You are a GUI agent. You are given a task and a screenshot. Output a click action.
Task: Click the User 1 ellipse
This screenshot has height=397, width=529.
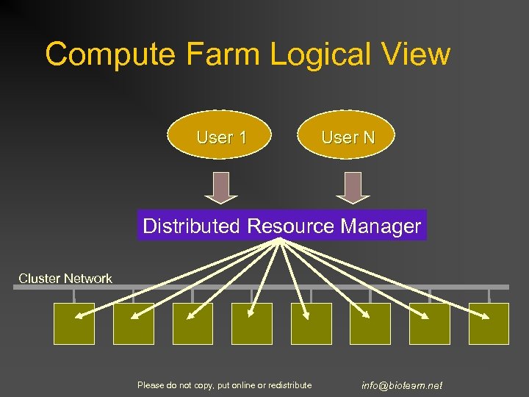(220, 137)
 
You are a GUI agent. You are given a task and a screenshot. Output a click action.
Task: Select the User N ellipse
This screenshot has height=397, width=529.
(348, 137)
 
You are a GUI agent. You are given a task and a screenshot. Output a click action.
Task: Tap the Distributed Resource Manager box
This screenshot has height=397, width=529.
(281, 226)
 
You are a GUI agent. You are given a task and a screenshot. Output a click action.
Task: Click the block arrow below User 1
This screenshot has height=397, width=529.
(220, 187)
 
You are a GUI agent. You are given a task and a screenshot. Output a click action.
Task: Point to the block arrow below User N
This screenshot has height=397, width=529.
(353, 187)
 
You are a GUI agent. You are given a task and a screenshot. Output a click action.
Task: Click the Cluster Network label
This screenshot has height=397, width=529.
(65, 279)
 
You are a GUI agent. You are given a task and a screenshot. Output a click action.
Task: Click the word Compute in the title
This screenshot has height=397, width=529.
(111, 54)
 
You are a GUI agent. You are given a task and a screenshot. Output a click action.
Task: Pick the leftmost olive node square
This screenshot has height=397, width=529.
(74, 323)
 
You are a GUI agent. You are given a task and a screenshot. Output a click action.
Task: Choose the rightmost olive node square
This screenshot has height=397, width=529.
(489, 323)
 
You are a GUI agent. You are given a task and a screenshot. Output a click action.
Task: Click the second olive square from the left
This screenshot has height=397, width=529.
(133, 323)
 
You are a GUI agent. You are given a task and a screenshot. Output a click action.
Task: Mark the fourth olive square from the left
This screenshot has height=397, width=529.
(252, 323)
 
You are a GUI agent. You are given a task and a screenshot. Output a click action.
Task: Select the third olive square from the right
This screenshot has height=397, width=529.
(370, 323)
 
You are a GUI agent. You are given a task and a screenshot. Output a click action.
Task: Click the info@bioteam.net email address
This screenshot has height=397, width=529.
(402, 385)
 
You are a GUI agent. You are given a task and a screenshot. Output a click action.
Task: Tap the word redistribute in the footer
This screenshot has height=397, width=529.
(289, 385)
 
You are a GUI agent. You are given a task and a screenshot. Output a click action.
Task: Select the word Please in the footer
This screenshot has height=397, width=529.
(150, 385)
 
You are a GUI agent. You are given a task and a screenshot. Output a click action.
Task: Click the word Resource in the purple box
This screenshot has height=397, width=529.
(291, 226)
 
